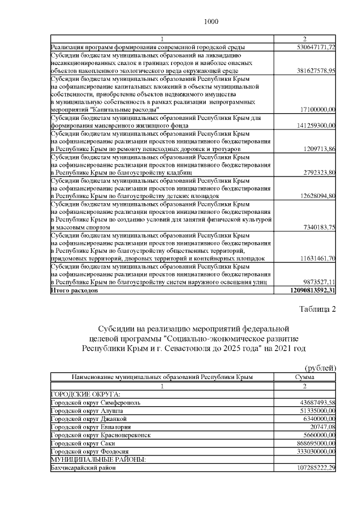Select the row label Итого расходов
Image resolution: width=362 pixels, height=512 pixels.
coord(74,290)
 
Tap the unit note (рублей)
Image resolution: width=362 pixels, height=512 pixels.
coord(320,368)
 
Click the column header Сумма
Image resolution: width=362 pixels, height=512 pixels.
coord(305,377)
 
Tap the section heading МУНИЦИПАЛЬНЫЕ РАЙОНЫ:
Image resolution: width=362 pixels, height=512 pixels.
coord(98,460)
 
